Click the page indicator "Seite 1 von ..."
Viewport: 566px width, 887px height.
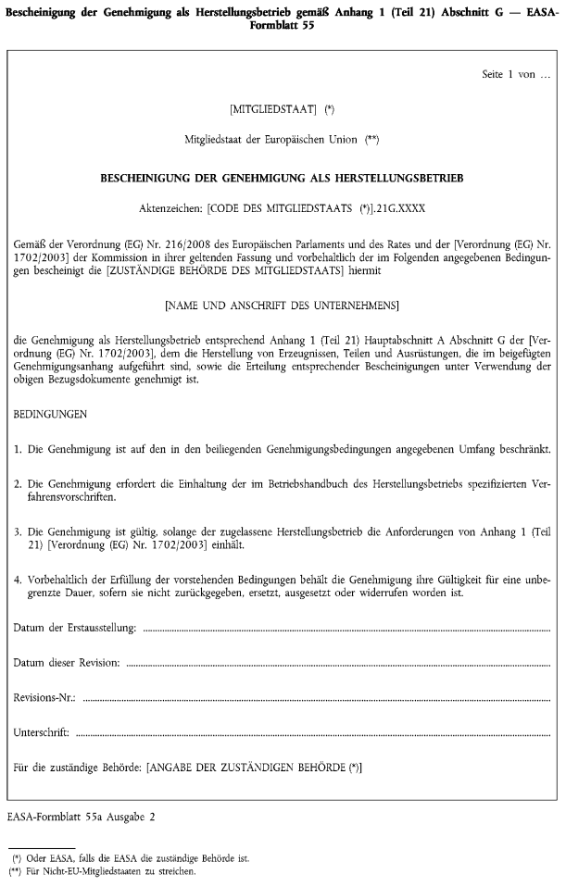[509, 73]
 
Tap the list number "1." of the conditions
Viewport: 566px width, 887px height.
[19, 450]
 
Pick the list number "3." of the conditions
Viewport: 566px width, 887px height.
[19, 534]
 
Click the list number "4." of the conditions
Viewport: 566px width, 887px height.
[19, 580]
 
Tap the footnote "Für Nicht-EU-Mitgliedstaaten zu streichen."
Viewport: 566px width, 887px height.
[109, 871]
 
